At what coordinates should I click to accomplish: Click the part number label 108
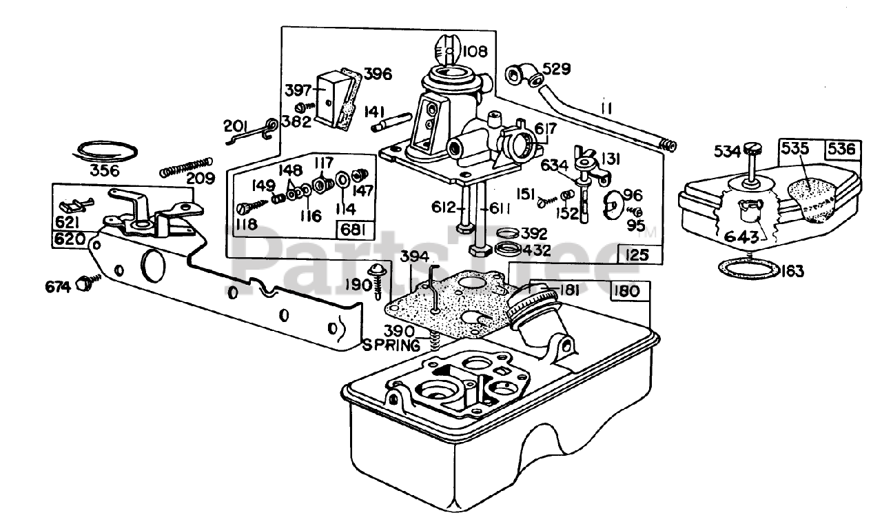click(475, 51)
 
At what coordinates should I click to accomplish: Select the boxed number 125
click(637, 255)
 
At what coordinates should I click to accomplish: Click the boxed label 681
click(353, 230)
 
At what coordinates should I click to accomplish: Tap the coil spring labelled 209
click(186, 168)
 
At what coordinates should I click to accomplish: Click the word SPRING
click(391, 345)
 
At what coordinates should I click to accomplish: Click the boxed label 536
click(842, 150)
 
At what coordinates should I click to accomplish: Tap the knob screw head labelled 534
click(751, 150)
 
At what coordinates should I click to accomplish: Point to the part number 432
click(536, 250)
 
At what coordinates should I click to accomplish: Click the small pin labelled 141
click(392, 123)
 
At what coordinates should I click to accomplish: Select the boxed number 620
click(70, 239)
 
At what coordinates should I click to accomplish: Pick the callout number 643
click(741, 237)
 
